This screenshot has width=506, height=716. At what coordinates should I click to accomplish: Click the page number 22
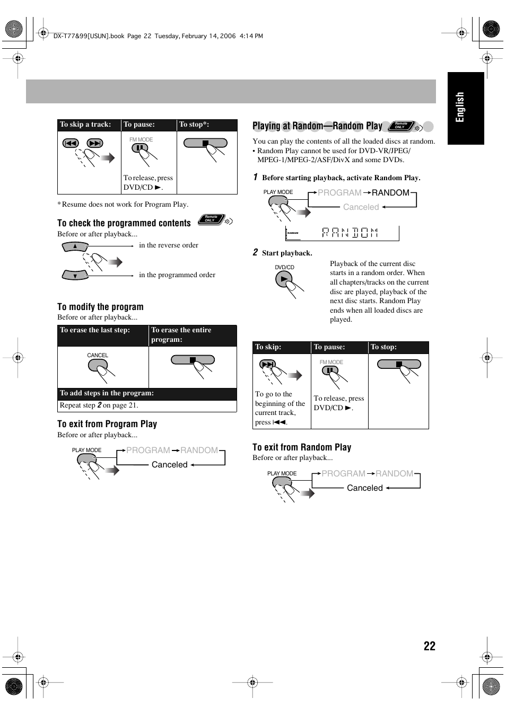[x=429, y=646]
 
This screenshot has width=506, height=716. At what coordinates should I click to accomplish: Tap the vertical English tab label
[x=460, y=107]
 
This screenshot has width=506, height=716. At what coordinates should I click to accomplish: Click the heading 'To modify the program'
[x=100, y=307]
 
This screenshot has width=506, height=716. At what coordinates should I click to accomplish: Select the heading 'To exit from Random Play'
[x=302, y=447]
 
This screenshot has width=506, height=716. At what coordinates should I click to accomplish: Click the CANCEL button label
[x=98, y=355]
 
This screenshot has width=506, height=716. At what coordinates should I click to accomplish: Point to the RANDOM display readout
[x=350, y=233]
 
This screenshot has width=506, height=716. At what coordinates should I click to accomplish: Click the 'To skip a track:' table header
[x=86, y=125]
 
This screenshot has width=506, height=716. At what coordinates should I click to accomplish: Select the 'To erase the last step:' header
[x=95, y=330]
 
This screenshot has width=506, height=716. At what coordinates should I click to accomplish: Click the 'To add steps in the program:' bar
[x=107, y=393]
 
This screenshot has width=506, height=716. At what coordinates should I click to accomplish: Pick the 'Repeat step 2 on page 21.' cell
[x=99, y=405]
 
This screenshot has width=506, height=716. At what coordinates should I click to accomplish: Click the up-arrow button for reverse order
[x=75, y=246]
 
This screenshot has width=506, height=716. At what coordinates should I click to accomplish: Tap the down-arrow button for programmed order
[x=75, y=276]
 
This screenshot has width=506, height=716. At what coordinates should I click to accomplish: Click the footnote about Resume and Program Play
[x=123, y=205]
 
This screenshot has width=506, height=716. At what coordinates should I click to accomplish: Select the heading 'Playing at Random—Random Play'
[x=317, y=126]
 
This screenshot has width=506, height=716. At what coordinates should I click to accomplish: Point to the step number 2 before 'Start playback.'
[x=255, y=252]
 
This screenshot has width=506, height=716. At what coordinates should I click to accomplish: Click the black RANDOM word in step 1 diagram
[x=390, y=193]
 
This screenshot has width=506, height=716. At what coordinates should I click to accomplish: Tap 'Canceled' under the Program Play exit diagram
[x=169, y=465]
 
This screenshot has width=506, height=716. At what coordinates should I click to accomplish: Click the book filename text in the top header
[x=89, y=36]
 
